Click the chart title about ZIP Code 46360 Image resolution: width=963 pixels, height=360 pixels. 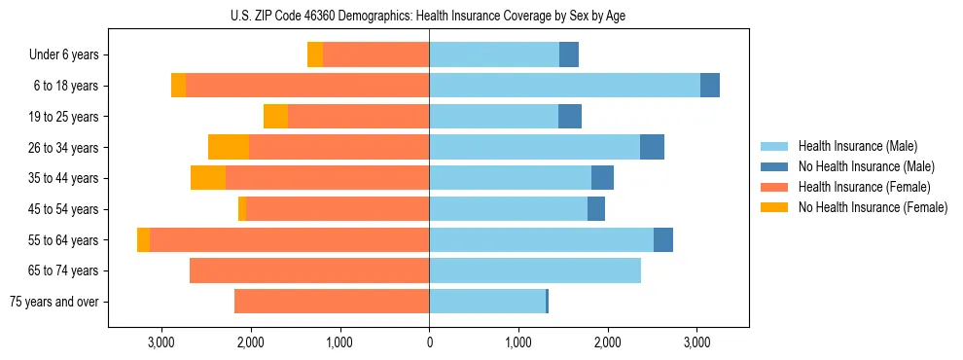pyautogui.click(x=429, y=16)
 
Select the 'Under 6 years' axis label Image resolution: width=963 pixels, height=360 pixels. pyautogui.click(x=70, y=55)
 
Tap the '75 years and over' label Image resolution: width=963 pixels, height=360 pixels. pyautogui.click(x=53, y=302)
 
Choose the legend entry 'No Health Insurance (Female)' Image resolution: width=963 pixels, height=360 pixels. pyautogui.click(x=873, y=207)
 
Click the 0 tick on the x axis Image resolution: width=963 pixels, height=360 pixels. pyautogui.click(x=429, y=342)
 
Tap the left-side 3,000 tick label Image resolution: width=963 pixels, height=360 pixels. pyautogui.click(x=160, y=342)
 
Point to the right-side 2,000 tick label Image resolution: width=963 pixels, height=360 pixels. pyautogui.click(x=607, y=342)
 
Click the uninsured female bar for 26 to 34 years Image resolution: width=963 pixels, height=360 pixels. pyautogui.click(x=229, y=147)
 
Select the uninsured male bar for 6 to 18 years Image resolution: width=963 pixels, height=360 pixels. pyautogui.click(x=710, y=86)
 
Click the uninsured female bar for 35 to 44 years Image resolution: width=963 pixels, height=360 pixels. pyautogui.click(x=208, y=178)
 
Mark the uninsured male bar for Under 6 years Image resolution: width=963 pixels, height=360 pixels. pyautogui.click(x=569, y=54)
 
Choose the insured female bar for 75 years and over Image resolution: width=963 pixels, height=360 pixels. pyautogui.click(x=332, y=302)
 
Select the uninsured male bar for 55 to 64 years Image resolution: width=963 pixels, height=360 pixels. pyautogui.click(x=663, y=239)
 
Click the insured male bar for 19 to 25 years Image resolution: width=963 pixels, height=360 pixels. pyautogui.click(x=493, y=117)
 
